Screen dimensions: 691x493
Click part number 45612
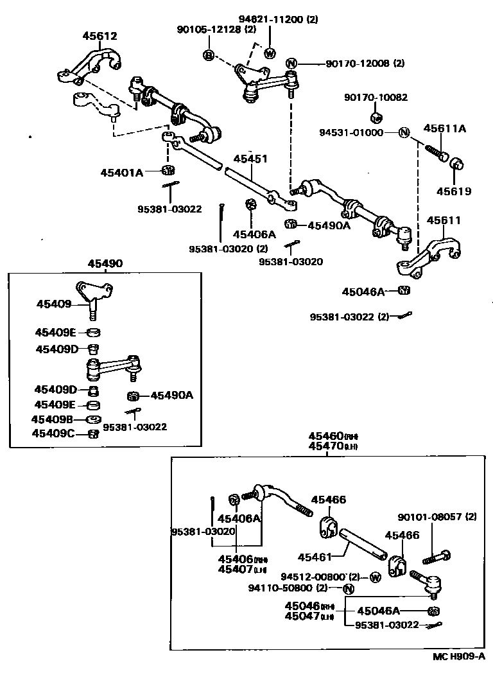[x=99, y=37]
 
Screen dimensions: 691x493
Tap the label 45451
[x=250, y=159]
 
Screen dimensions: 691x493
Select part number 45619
[x=454, y=191]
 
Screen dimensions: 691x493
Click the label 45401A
[x=121, y=172]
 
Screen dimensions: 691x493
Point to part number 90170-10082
[x=376, y=98]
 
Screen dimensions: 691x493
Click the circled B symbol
[x=208, y=55]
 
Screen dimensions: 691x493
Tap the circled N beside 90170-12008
[x=291, y=63]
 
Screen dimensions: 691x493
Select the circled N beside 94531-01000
[x=404, y=133]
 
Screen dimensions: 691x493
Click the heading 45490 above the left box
[x=105, y=263]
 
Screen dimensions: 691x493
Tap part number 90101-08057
[x=429, y=516]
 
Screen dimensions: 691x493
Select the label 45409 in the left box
[x=54, y=304]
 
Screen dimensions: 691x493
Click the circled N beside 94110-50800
[x=349, y=588]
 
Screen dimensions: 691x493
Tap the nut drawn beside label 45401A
[x=168, y=171]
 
